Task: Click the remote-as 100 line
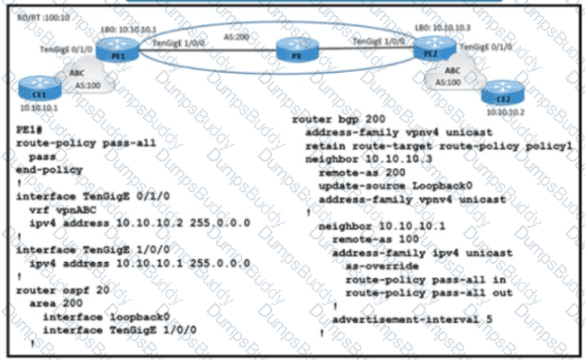pos(378,241)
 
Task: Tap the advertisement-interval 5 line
pos(416,319)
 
